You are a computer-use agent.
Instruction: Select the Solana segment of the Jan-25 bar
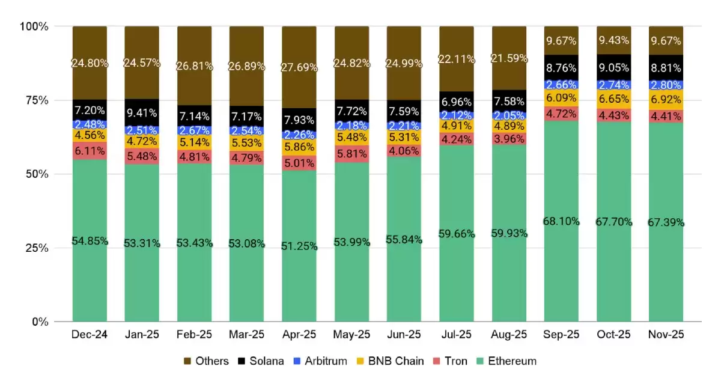click(x=142, y=112)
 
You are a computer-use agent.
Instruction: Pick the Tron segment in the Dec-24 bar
click(x=90, y=150)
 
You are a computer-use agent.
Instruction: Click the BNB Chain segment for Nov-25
click(x=666, y=100)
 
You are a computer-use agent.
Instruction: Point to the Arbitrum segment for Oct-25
click(x=613, y=85)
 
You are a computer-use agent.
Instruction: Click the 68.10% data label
click(x=561, y=221)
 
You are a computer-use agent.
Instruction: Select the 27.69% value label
click(x=299, y=67)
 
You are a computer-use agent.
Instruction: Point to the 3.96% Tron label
click(x=509, y=138)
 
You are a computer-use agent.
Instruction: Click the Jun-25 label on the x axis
click(x=404, y=334)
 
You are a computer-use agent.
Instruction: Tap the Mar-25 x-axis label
click(x=247, y=334)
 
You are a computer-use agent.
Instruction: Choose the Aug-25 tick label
click(x=509, y=334)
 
